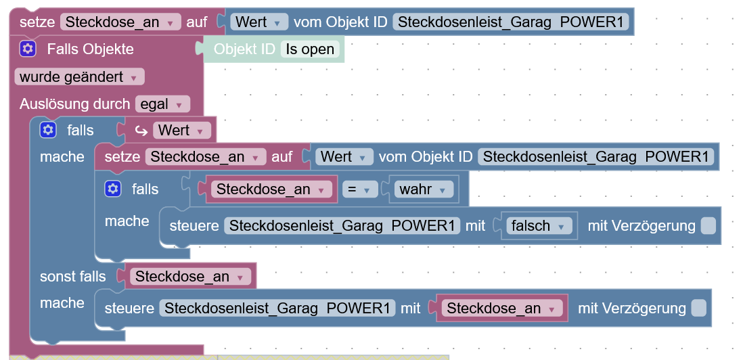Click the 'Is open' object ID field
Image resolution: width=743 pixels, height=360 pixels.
pos(310,49)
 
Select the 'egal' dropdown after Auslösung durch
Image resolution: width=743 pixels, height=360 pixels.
pos(162,104)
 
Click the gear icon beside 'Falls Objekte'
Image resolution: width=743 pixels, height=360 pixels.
pos(27,49)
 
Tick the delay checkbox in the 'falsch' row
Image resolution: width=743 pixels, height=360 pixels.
pos(708,226)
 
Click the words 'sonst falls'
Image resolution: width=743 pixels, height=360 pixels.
pos(73,277)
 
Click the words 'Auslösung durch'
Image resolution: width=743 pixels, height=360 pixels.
pos(74,104)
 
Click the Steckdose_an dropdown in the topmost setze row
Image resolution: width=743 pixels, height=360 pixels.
pos(120,22)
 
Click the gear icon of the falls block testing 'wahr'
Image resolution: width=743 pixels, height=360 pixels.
pos(112,189)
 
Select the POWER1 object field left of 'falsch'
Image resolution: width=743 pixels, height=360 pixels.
pos(342,226)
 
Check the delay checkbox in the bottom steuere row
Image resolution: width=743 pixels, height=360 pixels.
pos(698,309)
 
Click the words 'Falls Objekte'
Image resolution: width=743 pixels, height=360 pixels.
pos(90,49)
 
